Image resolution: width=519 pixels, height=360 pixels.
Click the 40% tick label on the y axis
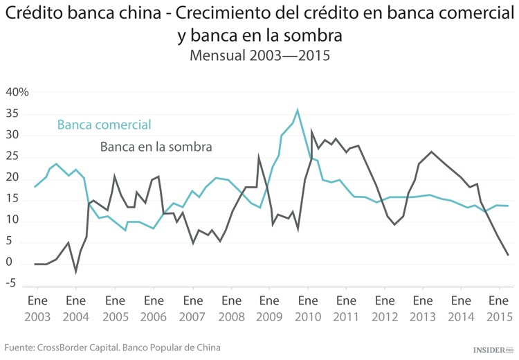point(17,92)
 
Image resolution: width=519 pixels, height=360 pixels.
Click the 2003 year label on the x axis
point(37,316)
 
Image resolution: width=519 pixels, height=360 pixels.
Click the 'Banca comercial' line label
point(104,125)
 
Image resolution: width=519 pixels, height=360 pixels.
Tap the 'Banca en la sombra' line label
point(156,147)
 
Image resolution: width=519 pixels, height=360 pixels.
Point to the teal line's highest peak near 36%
point(298,109)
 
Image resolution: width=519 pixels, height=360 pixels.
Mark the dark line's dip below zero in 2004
point(76,271)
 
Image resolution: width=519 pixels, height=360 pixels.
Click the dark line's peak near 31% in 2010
point(312,131)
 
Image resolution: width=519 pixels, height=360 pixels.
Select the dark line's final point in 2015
point(509,255)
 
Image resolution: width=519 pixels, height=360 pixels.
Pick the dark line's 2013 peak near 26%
point(431,152)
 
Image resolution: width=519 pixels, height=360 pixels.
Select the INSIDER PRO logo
point(493,350)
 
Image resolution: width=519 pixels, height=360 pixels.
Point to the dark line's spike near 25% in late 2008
point(259,158)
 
